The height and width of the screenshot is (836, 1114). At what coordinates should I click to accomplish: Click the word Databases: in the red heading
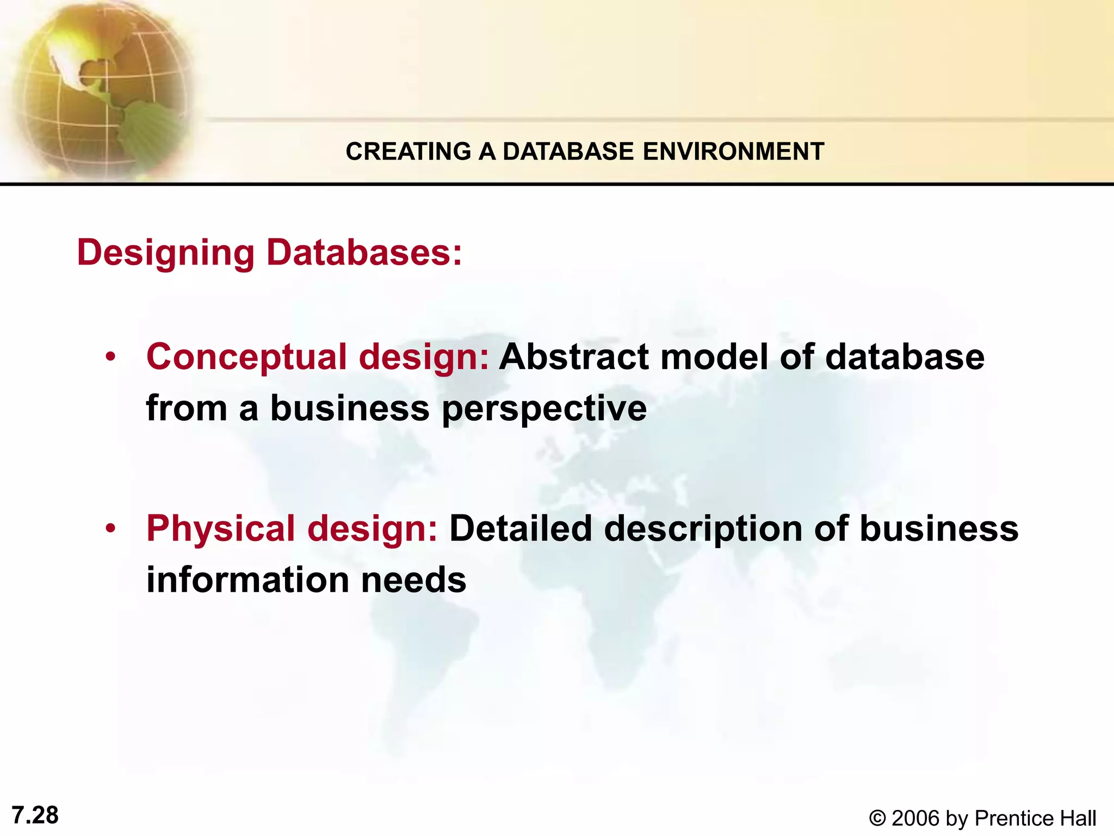(364, 253)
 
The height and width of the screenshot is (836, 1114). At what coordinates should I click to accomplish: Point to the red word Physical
(220, 529)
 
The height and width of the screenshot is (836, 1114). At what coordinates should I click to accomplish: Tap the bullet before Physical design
(111, 528)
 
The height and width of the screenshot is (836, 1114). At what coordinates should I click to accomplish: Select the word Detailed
(521, 528)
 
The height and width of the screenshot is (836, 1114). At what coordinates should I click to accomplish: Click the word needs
(413, 580)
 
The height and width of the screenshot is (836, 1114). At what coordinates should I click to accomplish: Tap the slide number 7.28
(35, 815)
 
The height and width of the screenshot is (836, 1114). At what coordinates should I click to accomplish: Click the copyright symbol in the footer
(877, 819)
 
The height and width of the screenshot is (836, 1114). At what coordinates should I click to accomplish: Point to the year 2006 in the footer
(915, 819)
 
